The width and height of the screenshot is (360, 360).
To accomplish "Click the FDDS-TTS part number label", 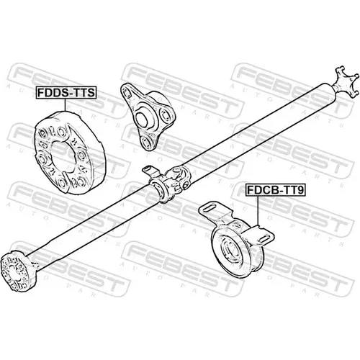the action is (x=66, y=93).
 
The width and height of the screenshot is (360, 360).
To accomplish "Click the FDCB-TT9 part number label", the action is (x=275, y=190).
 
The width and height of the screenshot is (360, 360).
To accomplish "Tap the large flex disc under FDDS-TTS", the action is (x=70, y=153).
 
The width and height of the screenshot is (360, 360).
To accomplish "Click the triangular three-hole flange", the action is (x=146, y=117).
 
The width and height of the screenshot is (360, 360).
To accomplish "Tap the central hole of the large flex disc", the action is (x=63, y=156).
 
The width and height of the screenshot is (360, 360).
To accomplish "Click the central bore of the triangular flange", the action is (x=142, y=120).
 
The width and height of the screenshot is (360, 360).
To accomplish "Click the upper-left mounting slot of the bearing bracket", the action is (x=210, y=208).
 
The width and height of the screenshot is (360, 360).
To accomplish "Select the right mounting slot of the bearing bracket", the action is (x=264, y=239).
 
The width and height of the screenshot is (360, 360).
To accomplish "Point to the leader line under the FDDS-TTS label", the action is (x=65, y=105).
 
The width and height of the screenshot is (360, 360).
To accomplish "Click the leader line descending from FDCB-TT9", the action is (x=258, y=211).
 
